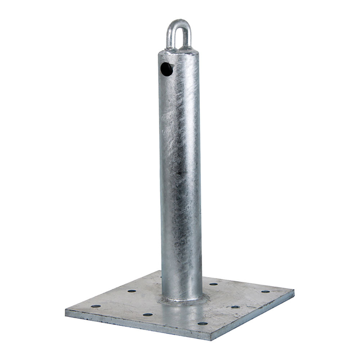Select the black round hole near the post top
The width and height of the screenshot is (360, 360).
coord(166,69)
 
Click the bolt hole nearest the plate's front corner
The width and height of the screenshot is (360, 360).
coord(202,324)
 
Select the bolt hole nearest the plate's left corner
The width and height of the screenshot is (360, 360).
coord(95,306)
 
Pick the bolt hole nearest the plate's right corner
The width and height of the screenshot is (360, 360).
coord(265,292)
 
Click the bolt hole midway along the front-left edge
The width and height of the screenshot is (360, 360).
coord(148,315)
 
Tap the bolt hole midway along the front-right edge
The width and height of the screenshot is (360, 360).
coord(235,307)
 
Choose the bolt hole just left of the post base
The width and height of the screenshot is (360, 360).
coord(132,291)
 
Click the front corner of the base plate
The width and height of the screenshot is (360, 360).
coord(212,337)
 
